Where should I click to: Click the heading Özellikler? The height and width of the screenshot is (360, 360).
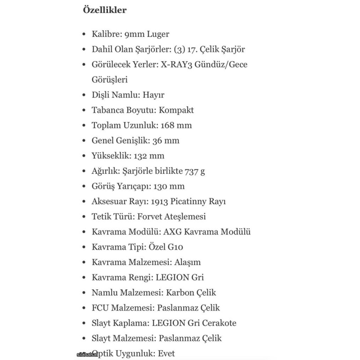click(x=105, y=10)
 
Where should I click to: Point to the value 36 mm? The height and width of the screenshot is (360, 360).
click(x=166, y=140)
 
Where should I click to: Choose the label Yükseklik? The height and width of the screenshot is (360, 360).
click(x=110, y=156)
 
